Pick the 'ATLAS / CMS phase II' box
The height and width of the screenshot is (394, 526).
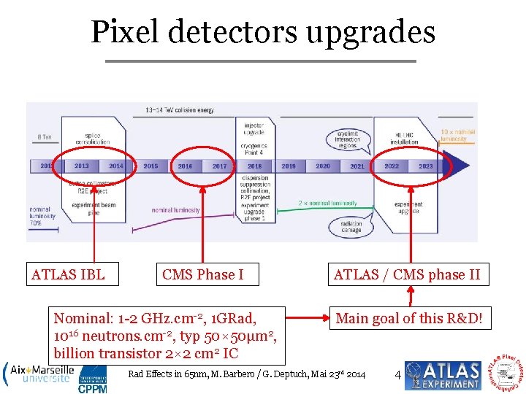coord(407,274)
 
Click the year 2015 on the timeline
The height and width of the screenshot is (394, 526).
coord(150,166)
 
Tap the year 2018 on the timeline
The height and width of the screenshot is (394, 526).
coord(254,166)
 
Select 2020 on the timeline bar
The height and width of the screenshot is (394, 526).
coord(323,166)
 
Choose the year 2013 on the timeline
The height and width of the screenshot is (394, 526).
coord(82,166)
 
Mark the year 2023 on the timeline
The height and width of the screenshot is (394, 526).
coord(426,166)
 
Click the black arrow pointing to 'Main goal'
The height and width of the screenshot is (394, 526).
coord(307,318)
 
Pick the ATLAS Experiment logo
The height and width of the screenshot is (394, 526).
coord(443,374)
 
